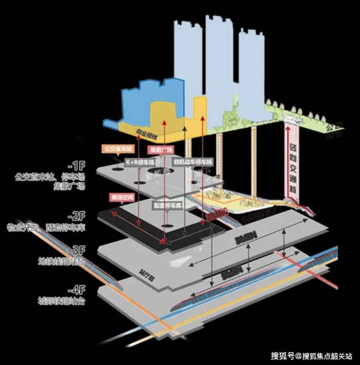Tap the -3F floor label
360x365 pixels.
(77, 250)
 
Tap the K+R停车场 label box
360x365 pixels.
(140, 162)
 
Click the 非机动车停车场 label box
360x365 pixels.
(192, 162)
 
